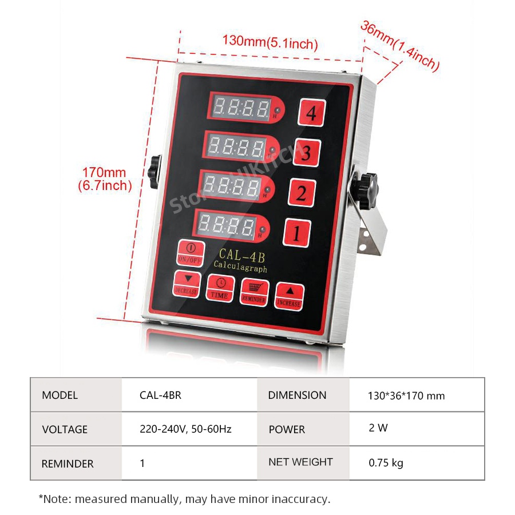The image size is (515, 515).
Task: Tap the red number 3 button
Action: tap(306, 153)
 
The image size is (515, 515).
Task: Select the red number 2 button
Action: tap(301, 193)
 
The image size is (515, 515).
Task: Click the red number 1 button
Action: tap(298, 233)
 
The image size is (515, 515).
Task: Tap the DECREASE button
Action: tap(186, 283)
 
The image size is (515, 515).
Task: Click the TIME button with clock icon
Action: tap(220, 288)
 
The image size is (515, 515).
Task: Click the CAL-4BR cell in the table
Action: tap(160, 395)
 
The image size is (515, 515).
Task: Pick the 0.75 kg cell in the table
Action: tap(386, 462)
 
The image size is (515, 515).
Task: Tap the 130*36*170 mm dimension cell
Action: tap(406, 395)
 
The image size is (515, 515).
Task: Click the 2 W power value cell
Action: tap(378, 428)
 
